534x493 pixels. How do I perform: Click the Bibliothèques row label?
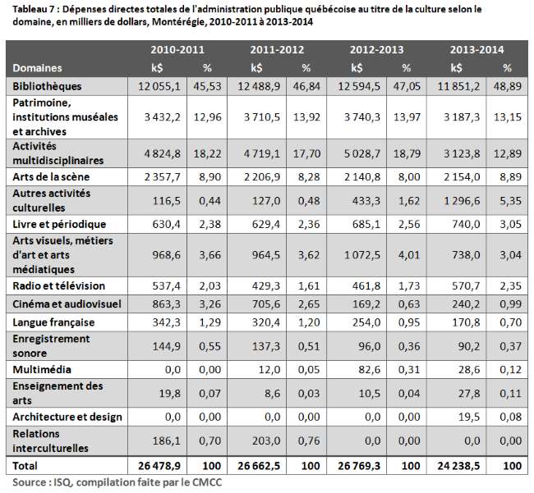pyautogui.click(x=48, y=85)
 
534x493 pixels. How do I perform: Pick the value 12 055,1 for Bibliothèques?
pyautogui.click(x=154, y=85)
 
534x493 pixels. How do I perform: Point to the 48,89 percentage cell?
pyautogui.click(x=507, y=85)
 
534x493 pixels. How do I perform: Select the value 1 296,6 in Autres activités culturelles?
pyautogui.click(x=454, y=198)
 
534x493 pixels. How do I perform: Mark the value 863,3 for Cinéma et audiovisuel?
pyautogui.click(x=160, y=304)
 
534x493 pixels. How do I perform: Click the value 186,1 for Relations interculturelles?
pyautogui.click(x=160, y=441)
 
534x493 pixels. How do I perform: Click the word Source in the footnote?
pyautogui.click(x=30, y=482)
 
